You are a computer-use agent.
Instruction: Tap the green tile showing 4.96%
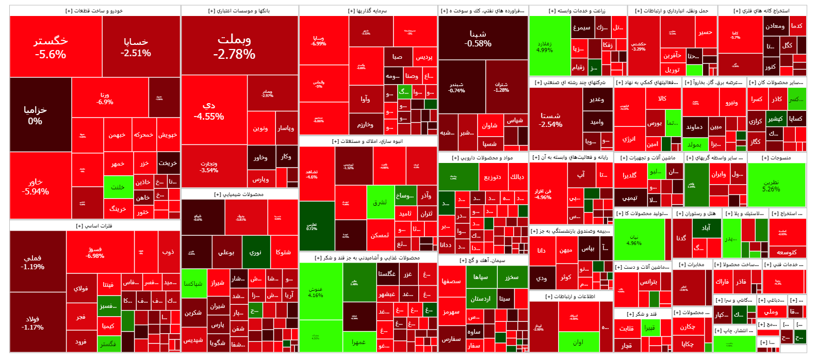(634, 240)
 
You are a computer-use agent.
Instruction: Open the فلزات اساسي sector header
(94, 226)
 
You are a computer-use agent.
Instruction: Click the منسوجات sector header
(776, 158)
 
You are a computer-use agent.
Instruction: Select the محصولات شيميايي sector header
(239, 194)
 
